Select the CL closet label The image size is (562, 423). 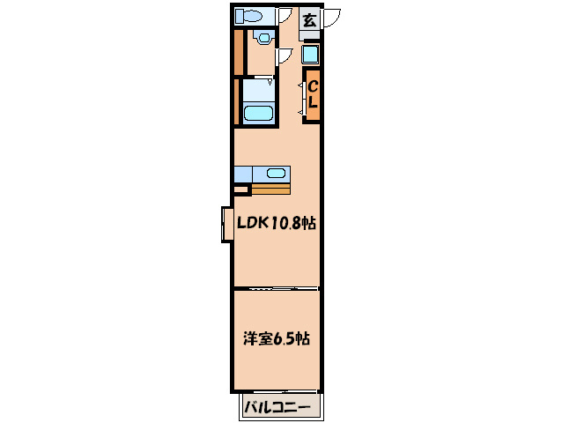[x=312, y=95]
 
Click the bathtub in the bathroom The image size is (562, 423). [x=258, y=114]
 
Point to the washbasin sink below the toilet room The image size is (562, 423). [x=262, y=38]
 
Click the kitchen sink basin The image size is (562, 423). [x=276, y=173]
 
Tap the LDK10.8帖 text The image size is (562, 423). [x=276, y=224]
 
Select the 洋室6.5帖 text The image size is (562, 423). [x=276, y=338]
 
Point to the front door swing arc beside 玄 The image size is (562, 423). [x=333, y=18]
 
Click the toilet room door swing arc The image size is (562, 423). [x=285, y=15]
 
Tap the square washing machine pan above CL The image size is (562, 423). [x=311, y=55]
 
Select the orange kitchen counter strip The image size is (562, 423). [x=270, y=189]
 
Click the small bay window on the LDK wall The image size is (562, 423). [x=226, y=224]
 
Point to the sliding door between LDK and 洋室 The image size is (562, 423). [x=276, y=288]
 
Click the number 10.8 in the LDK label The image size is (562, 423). [x=285, y=224]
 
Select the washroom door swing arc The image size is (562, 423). [x=284, y=56]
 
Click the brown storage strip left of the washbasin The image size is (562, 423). [x=238, y=52]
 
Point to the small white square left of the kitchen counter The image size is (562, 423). [x=241, y=189]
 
